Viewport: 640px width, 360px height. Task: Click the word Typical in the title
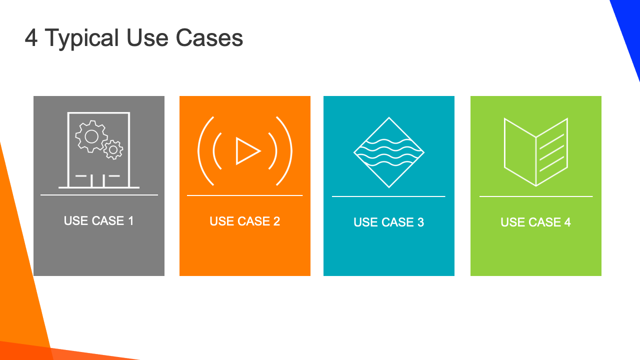coord(81,38)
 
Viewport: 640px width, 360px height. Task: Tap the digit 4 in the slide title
coord(31,37)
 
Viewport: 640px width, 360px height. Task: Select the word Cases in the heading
coord(209,37)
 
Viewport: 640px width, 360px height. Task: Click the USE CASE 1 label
coord(99,220)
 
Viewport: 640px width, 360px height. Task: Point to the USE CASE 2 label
coord(245,221)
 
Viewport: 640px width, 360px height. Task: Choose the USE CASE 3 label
coord(389,222)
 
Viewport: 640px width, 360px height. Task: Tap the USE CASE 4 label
coord(535,222)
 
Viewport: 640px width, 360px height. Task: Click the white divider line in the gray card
coord(99,195)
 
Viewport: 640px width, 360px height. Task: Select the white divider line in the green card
coord(536,196)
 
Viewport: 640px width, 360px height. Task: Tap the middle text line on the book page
coord(551,153)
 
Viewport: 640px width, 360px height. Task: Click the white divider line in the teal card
coord(388,196)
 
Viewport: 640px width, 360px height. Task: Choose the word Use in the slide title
coord(147,37)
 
